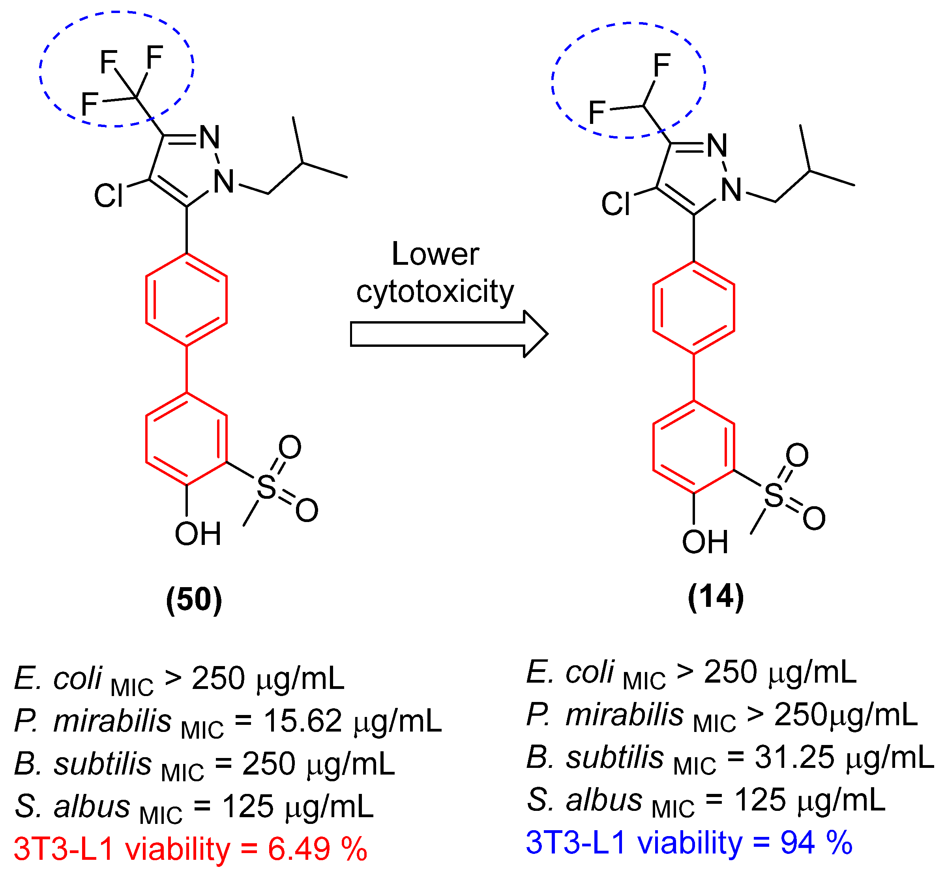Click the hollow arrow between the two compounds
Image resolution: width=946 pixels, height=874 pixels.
[x=448, y=334]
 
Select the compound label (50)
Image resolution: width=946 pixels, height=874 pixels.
[x=194, y=600]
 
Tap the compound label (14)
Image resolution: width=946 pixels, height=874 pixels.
[x=716, y=597]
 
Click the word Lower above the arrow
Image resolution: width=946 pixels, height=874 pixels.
[x=435, y=254]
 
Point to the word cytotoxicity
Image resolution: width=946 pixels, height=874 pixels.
[x=435, y=292]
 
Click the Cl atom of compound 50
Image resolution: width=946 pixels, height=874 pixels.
[x=109, y=195]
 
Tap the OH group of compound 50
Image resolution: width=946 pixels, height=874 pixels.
[x=198, y=534]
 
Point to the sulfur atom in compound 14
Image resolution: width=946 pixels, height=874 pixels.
[x=774, y=495]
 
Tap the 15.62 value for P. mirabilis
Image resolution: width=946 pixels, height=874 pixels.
[x=302, y=721]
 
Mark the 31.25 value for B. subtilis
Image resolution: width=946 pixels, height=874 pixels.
[x=794, y=757]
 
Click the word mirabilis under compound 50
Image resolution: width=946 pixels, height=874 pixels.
[x=112, y=721]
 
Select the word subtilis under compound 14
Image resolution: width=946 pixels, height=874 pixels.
[x=615, y=757]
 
